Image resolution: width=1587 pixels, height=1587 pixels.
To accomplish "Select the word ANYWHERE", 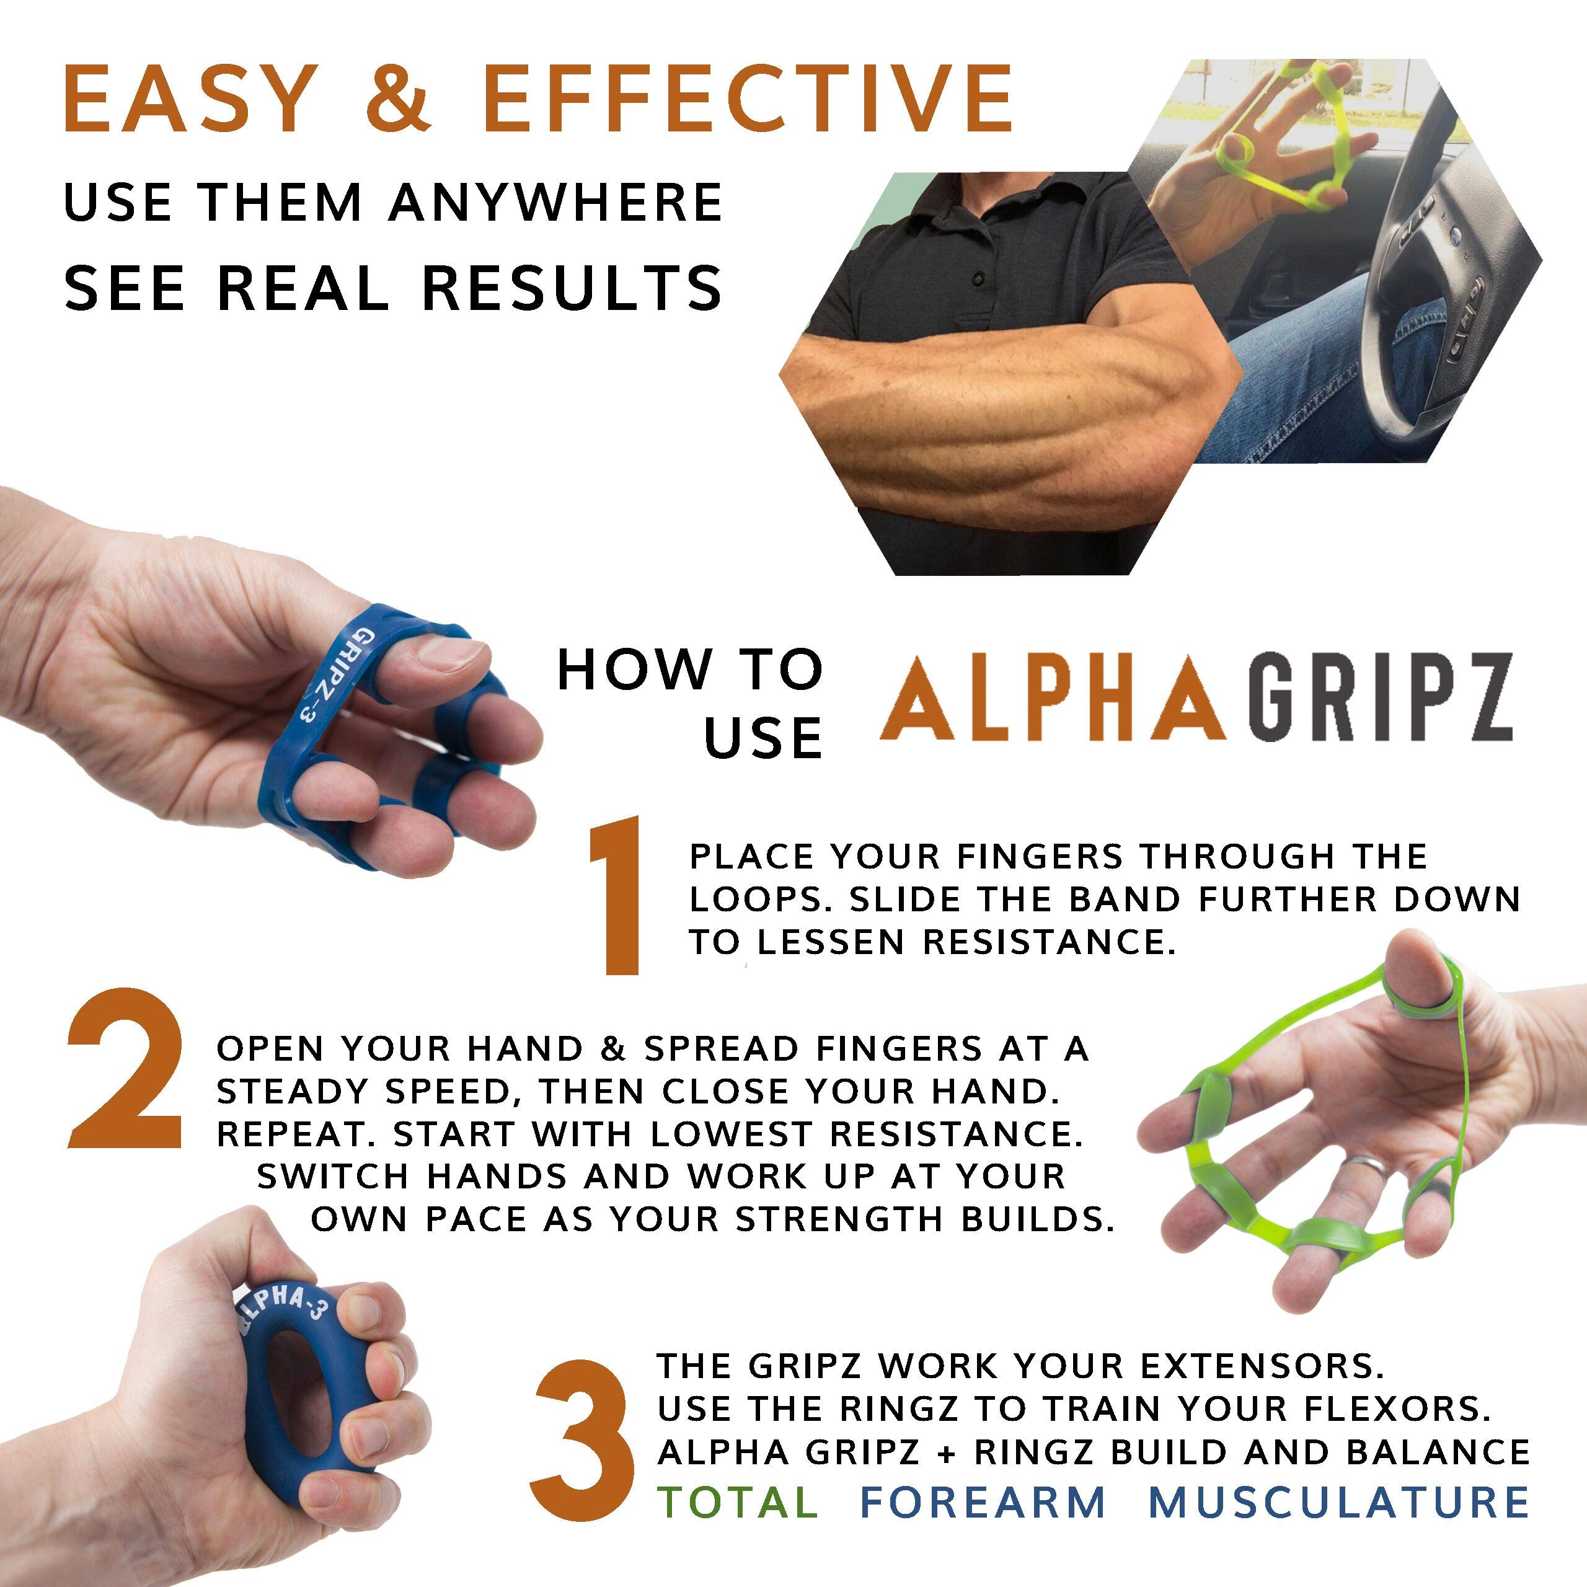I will pos(556,202).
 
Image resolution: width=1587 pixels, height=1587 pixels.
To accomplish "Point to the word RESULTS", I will pos(573,288).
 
